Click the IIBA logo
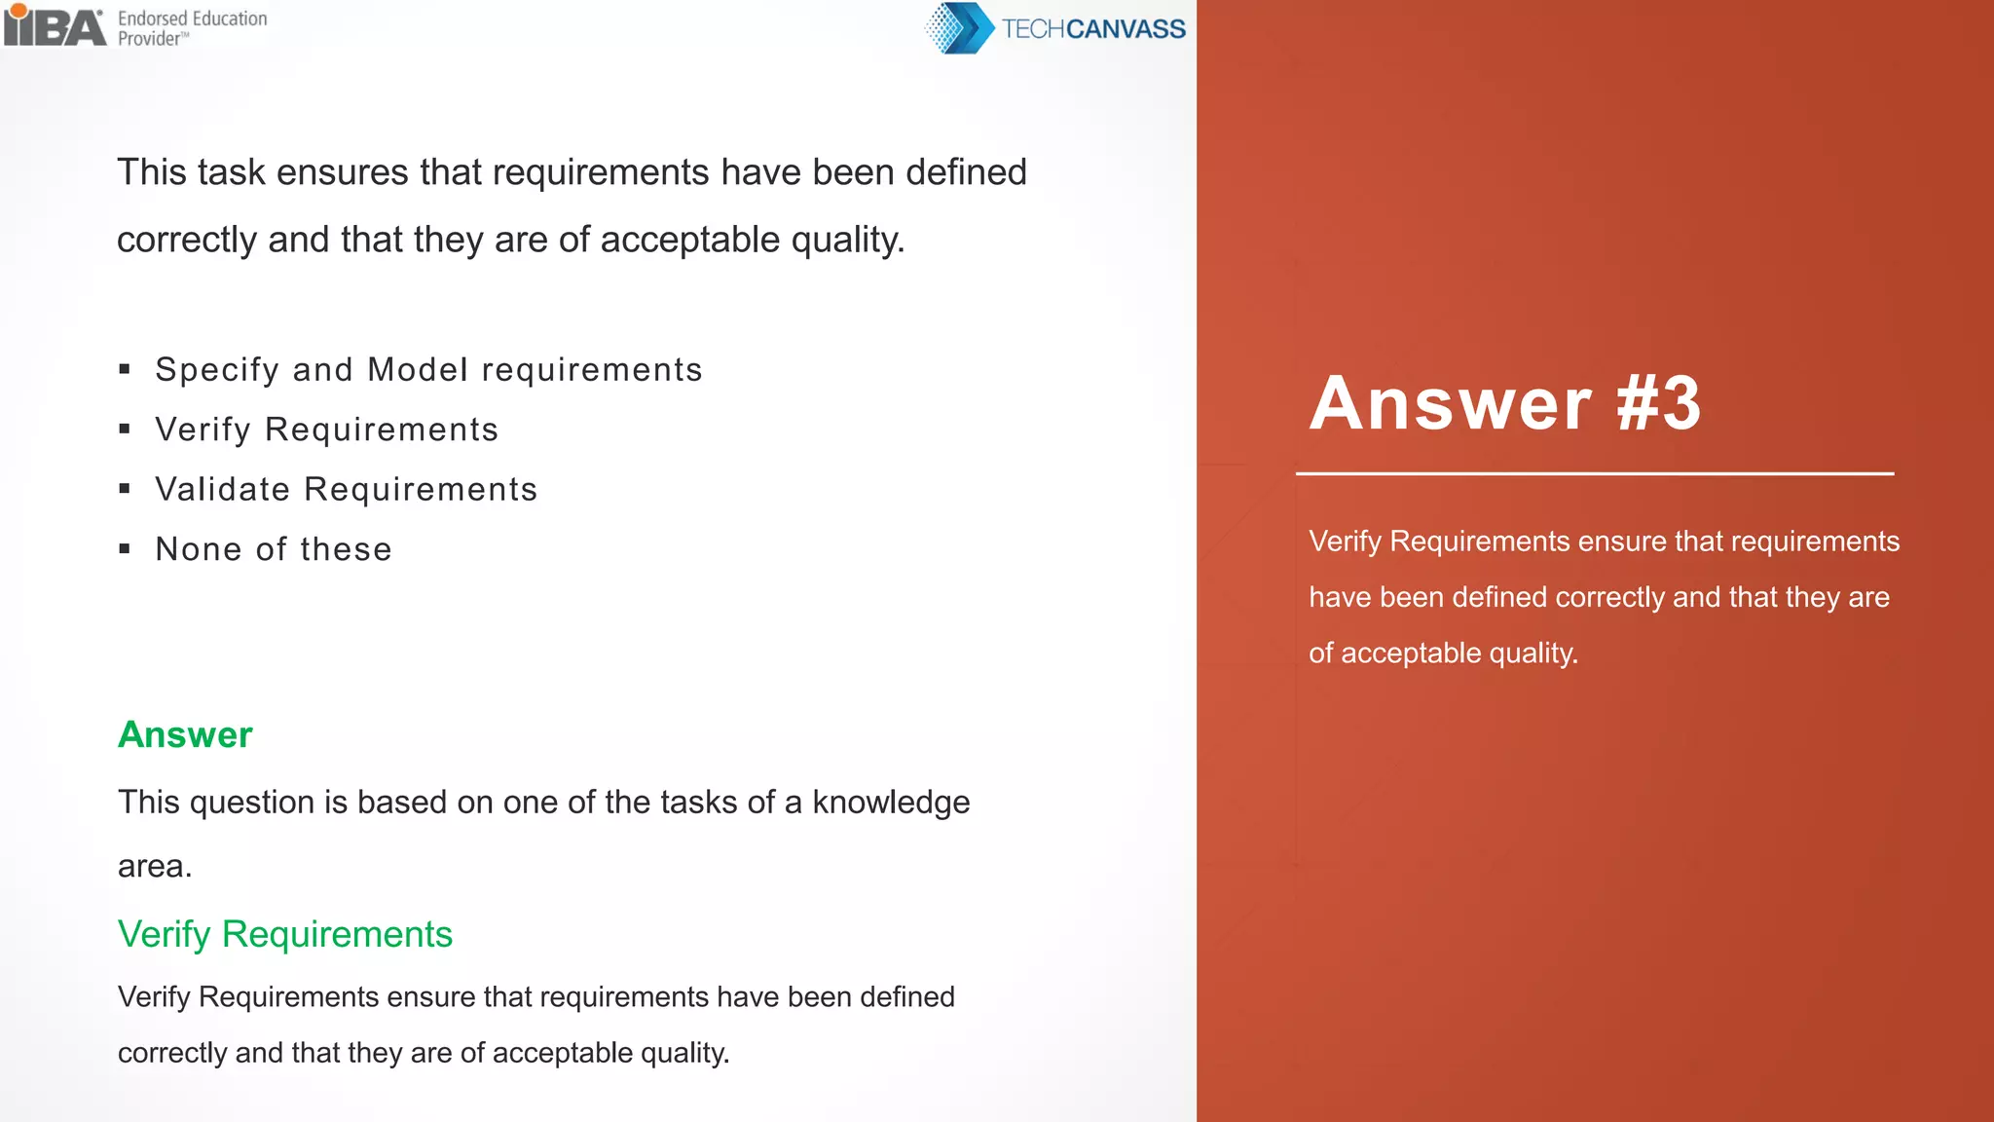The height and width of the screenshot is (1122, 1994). [55, 25]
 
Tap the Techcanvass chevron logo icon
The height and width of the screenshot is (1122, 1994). [959, 28]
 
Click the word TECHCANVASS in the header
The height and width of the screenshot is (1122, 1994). [1093, 29]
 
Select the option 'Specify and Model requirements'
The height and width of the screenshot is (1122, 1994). [428, 370]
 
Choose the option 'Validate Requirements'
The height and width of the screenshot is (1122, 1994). [346, 489]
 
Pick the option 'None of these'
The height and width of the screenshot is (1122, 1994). [274, 549]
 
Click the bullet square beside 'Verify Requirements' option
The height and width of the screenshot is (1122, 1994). [125, 430]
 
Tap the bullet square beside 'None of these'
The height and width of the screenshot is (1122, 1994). [125, 549]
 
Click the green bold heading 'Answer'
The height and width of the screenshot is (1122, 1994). [185, 734]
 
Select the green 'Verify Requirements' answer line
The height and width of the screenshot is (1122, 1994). [285, 934]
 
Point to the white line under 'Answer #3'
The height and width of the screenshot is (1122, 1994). [1594, 474]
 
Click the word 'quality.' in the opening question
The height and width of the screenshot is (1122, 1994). [848, 240]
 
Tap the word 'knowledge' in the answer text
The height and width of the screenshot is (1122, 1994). [891, 803]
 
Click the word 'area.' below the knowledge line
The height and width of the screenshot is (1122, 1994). [155, 866]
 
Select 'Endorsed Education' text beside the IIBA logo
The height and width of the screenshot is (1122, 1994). [193, 19]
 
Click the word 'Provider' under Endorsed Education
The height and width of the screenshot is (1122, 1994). [150, 39]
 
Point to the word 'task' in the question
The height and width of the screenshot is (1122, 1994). [232, 172]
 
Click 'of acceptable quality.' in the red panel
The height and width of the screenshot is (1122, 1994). [1443, 653]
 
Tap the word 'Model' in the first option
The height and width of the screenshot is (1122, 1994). [418, 370]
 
